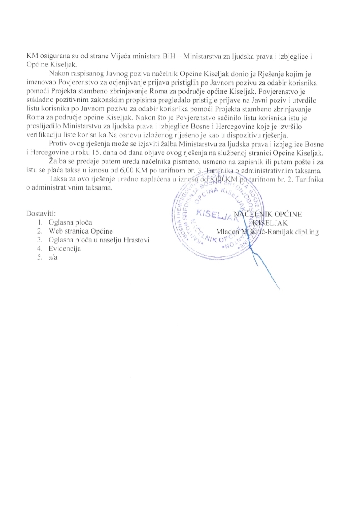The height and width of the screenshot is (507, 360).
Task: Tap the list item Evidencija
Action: [68, 248]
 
